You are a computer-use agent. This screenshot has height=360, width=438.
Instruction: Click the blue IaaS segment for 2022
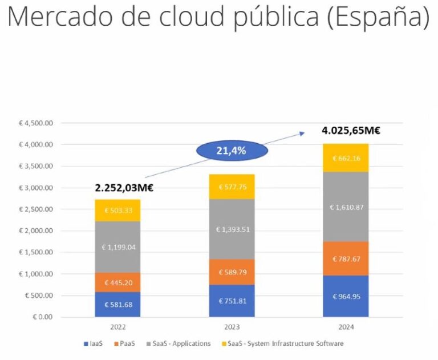[118, 305]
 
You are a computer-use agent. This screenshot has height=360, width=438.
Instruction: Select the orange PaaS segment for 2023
[232, 272]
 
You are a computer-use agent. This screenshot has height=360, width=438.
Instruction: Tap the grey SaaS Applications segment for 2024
[346, 207]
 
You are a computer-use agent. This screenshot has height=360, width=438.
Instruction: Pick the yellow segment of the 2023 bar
[232, 187]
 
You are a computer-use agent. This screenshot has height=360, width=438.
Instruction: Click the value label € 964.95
[346, 297]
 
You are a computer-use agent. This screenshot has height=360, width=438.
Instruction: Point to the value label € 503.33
[118, 211]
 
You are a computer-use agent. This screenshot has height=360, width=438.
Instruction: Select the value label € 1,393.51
[232, 229]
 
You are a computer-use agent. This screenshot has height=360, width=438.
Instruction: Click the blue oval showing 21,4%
[231, 151]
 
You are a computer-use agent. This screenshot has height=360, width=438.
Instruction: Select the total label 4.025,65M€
[351, 131]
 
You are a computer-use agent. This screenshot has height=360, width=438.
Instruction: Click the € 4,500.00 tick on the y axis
[36, 123]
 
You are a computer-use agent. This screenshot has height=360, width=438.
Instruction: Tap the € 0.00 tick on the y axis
[42, 317]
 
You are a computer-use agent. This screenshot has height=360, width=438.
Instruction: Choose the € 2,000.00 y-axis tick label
[36, 231]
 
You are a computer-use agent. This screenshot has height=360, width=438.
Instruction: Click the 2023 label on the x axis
[232, 327]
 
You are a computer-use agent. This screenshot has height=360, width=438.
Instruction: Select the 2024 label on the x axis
[346, 327]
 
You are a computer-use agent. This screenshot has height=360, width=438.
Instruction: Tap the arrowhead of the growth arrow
[303, 134]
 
